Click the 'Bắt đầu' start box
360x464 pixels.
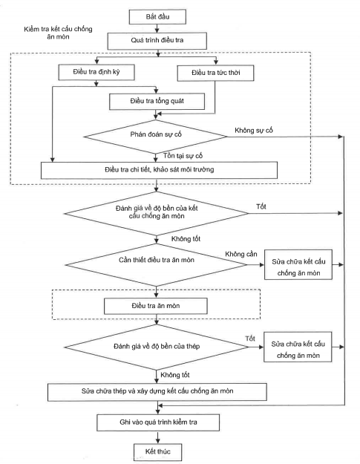pyautogui.click(x=157, y=16)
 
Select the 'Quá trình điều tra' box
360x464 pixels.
pyautogui.click(x=157, y=41)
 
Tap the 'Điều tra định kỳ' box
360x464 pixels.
pyautogui.click(x=96, y=72)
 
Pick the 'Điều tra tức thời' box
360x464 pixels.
pyautogui.click(x=215, y=73)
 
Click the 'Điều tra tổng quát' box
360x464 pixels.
pyautogui.click(x=157, y=102)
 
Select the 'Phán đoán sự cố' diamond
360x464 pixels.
pyautogui.click(x=156, y=137)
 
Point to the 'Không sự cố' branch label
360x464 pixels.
pyautogui.click(x=254, y=131)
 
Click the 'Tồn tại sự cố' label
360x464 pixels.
pyautogui.click(x=183, y=156)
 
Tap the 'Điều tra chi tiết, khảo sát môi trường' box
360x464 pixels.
pyautogui.click(x=159, y=170)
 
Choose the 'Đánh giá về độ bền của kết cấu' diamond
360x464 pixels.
pyautogui.click(x=156, y=213)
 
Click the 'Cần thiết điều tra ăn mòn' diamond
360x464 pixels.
pyautogui.click(x=156, y=265)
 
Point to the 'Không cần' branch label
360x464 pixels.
pyautogui.click(x=241, y=254)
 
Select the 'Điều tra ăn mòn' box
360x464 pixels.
pyautogui.click(x=156, y=306)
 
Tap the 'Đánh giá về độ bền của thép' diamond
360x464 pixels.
pyautogui.click(x=156, y=347)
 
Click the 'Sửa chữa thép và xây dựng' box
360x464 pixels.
pyautogui.click(x=157, y=392)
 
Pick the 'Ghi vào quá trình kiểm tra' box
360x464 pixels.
pyautogui.click(x=158, y=422)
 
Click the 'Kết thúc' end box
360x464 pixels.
pyautogui.click(x=157, y=452)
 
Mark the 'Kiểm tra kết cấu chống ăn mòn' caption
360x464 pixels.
pyautogui.click(x=58, y=33)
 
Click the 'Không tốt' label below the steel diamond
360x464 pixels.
pyautogui.click(x=175, y=375)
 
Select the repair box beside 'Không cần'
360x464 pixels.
pyautogui.click(x=298, y=265)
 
